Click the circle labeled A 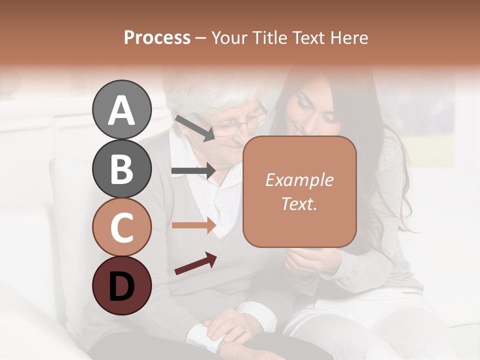click(x=121, y=109)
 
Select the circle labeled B click(x=121, y=168)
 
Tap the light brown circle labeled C click(x=121, y=227)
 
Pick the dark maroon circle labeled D click(x=121, y=285)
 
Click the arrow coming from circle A click(x=194, y=128)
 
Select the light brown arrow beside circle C click(x=193, y=225)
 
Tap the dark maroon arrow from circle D click(x=195, y=263)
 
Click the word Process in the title click(x=157, y=37)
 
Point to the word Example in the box click(x=299, y=180)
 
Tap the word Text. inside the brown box click(x=299, y=203)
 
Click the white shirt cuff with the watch click(x=202, y=337)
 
